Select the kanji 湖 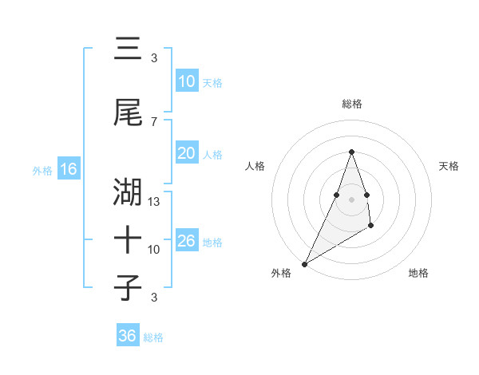[x=128, y=192]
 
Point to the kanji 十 [x=128, y=239]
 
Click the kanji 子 [x=128, y=287]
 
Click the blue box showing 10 [x=187, y=81]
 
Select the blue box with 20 [x=187, y=153]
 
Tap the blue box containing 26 [x=187, y=241]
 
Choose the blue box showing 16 [x=69, y=169]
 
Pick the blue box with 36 [x=128, y=336]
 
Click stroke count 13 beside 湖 [x=154, y=202]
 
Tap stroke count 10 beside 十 [x=154, y=250]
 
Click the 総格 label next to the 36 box [x=153, y=337]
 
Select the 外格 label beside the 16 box [x=42, y=171]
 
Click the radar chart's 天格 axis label [x=449, y=166]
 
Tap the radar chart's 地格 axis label [x=418, y=273]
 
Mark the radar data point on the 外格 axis [x=304, y=263]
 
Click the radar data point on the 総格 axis [x=351, y=152]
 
